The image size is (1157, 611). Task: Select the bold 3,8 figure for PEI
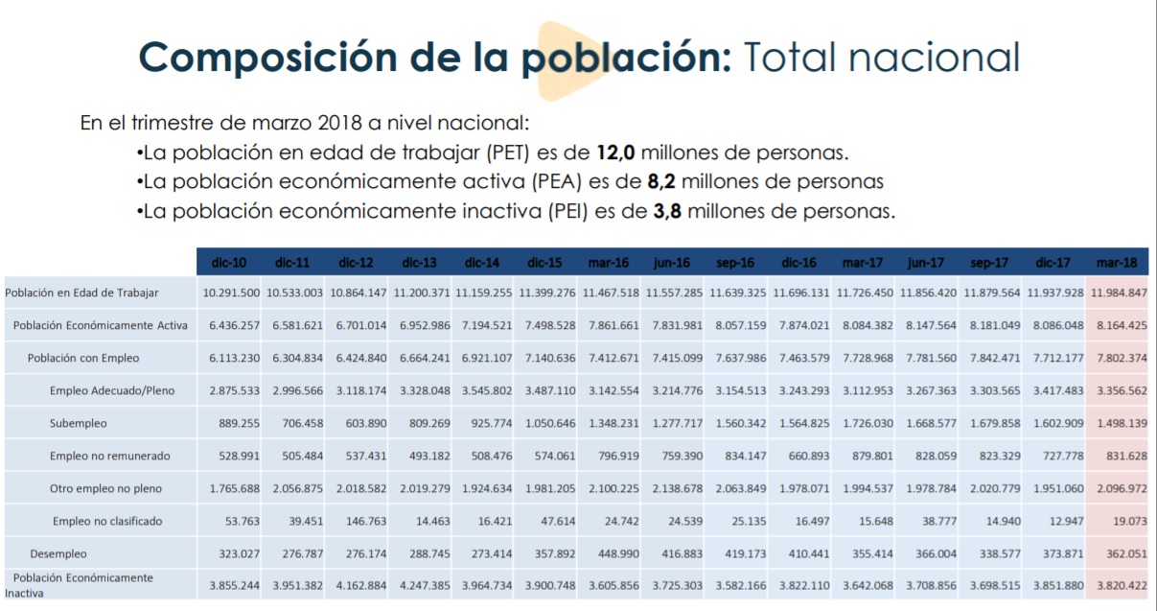667,212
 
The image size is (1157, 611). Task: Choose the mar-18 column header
1117,262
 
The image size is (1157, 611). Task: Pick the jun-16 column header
672,262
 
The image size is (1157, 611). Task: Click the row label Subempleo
79,423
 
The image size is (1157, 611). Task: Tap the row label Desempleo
58,553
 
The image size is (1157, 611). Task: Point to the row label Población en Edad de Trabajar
81,293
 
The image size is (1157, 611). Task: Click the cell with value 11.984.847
1118,293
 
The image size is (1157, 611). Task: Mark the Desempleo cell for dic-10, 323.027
234,553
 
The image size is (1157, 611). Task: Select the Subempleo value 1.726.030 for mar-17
867,423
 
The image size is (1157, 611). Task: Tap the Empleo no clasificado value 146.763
361,521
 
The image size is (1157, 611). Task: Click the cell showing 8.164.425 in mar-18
1120,325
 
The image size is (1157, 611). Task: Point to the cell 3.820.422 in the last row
1120,586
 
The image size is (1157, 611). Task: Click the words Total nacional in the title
880,59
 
